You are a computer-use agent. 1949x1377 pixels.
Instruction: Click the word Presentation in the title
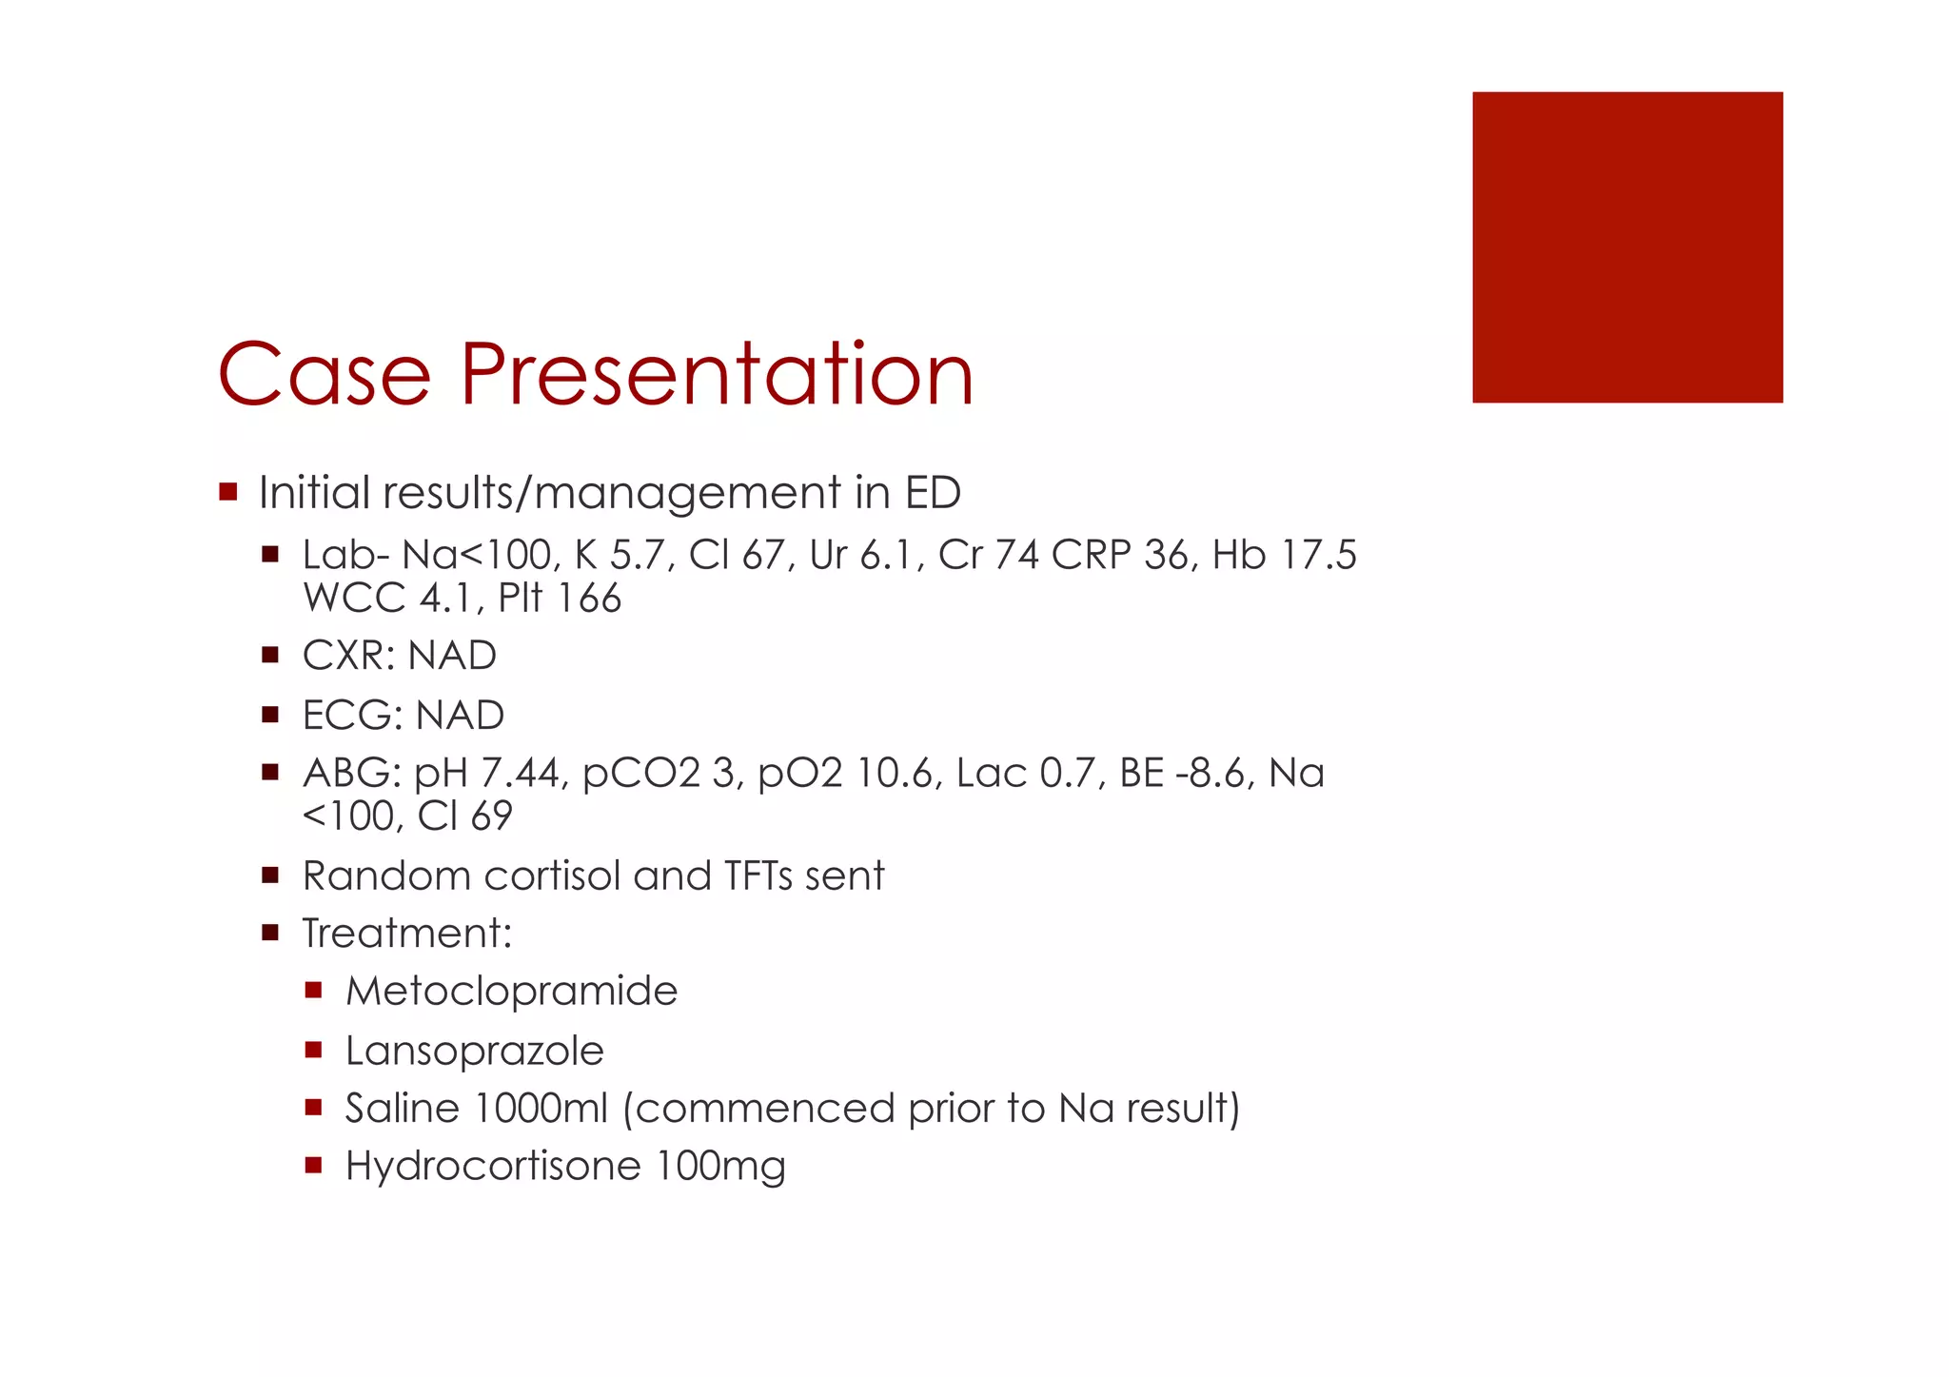[718, 374]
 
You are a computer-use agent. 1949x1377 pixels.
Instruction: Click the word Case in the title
[324, 374]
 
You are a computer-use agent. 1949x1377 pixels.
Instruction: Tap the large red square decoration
[1626, 246]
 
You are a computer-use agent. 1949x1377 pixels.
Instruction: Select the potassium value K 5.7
[623, 555]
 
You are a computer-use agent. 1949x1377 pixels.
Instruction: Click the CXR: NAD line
[399, 656]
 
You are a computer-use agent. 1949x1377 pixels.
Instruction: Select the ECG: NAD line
[403, 715]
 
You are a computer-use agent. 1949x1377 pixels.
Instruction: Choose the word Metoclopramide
[511, 992]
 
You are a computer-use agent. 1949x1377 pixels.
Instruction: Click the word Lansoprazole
[474, 1051]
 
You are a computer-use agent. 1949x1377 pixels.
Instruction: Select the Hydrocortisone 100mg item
[565, 1166]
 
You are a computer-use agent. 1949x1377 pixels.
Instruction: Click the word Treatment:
[407, 934]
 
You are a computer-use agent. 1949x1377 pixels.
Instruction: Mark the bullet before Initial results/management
[227, 492]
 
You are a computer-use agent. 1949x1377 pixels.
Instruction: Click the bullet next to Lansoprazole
[314, 1050]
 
